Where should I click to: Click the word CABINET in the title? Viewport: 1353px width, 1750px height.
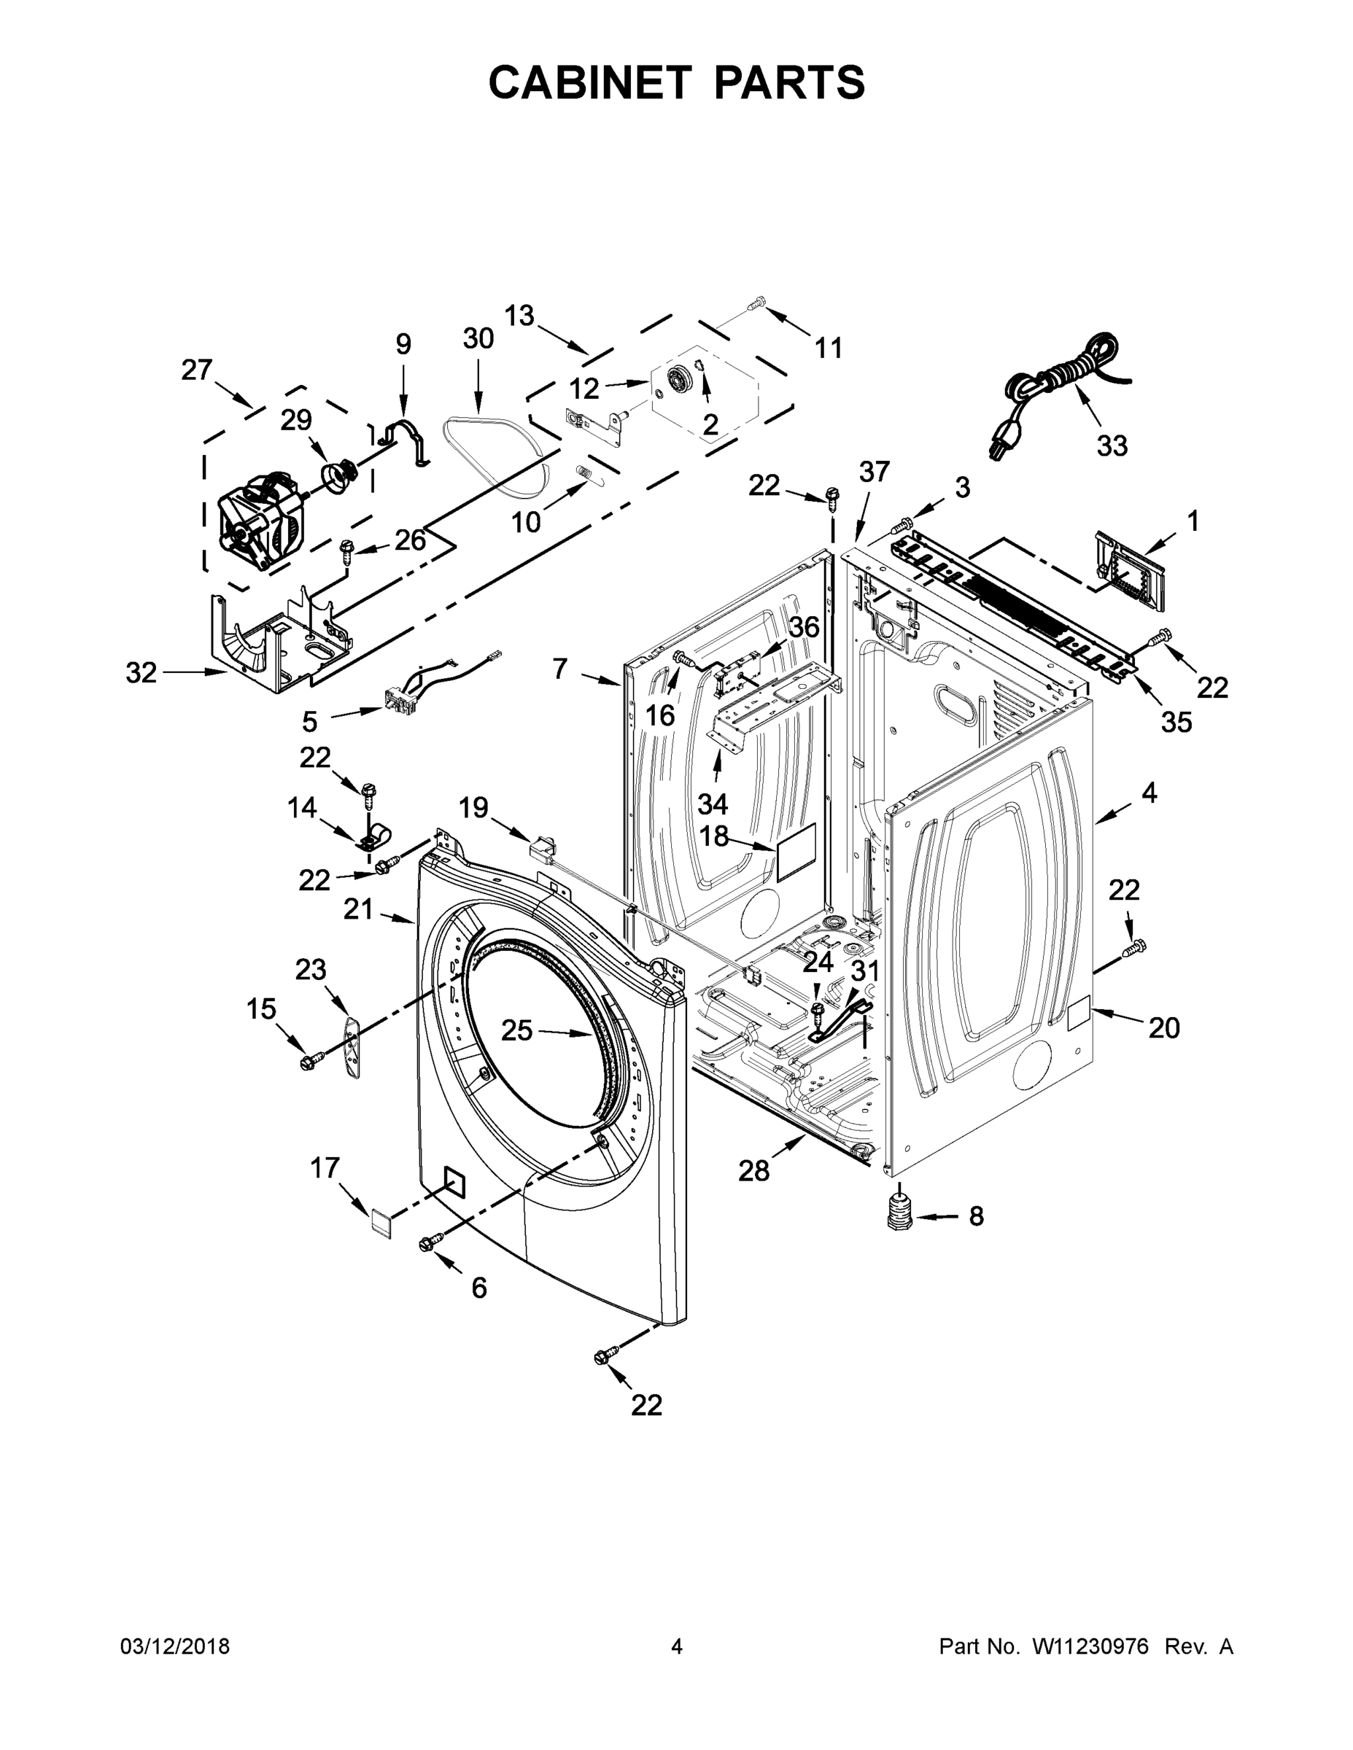590,82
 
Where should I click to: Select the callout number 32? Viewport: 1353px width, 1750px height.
141,673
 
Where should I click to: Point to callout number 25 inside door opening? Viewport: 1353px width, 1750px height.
516,1030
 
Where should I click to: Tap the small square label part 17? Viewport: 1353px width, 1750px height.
381,1224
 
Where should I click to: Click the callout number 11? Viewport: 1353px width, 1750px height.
829,348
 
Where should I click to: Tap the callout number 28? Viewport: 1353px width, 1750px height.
753,1172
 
